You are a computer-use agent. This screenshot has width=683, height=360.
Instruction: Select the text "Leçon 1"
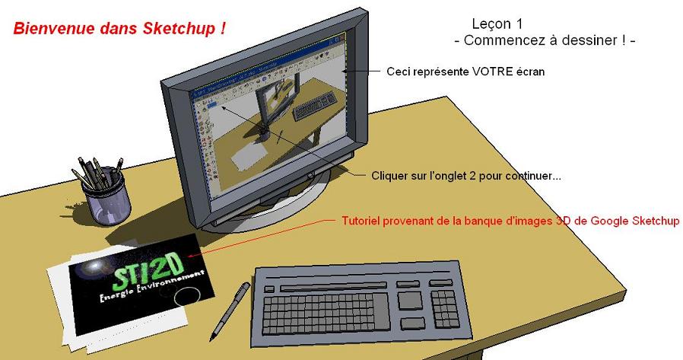(497, 24)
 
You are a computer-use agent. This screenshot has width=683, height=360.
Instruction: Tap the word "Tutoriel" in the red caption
(361, 221)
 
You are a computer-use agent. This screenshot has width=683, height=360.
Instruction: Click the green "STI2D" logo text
(147, 270)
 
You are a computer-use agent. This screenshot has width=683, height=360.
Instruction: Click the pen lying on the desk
(230, 311)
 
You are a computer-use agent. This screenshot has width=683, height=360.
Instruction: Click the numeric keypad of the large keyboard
(445, 309)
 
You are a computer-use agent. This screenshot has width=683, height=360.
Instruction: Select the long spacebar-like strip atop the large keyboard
(333, 287)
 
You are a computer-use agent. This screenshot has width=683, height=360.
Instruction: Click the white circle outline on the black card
(187, 297)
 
